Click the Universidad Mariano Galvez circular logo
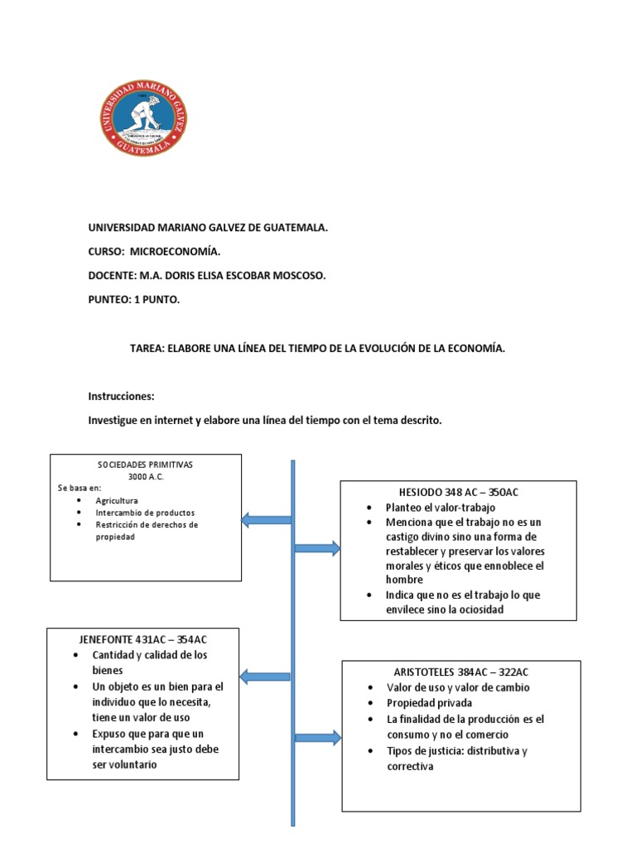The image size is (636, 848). point(145,121)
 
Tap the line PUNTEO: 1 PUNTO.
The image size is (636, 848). point(133,300)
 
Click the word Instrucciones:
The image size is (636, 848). point(121,397)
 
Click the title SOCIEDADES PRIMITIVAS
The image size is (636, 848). point(146,465)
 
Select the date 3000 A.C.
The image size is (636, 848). point(146,478)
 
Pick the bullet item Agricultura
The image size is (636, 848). point(117,501)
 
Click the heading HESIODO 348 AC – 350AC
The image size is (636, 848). point(458,492)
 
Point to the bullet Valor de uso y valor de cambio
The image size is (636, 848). point(458,687)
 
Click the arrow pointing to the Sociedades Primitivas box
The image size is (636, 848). point(266,520)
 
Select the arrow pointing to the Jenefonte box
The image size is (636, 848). point(266,677)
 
